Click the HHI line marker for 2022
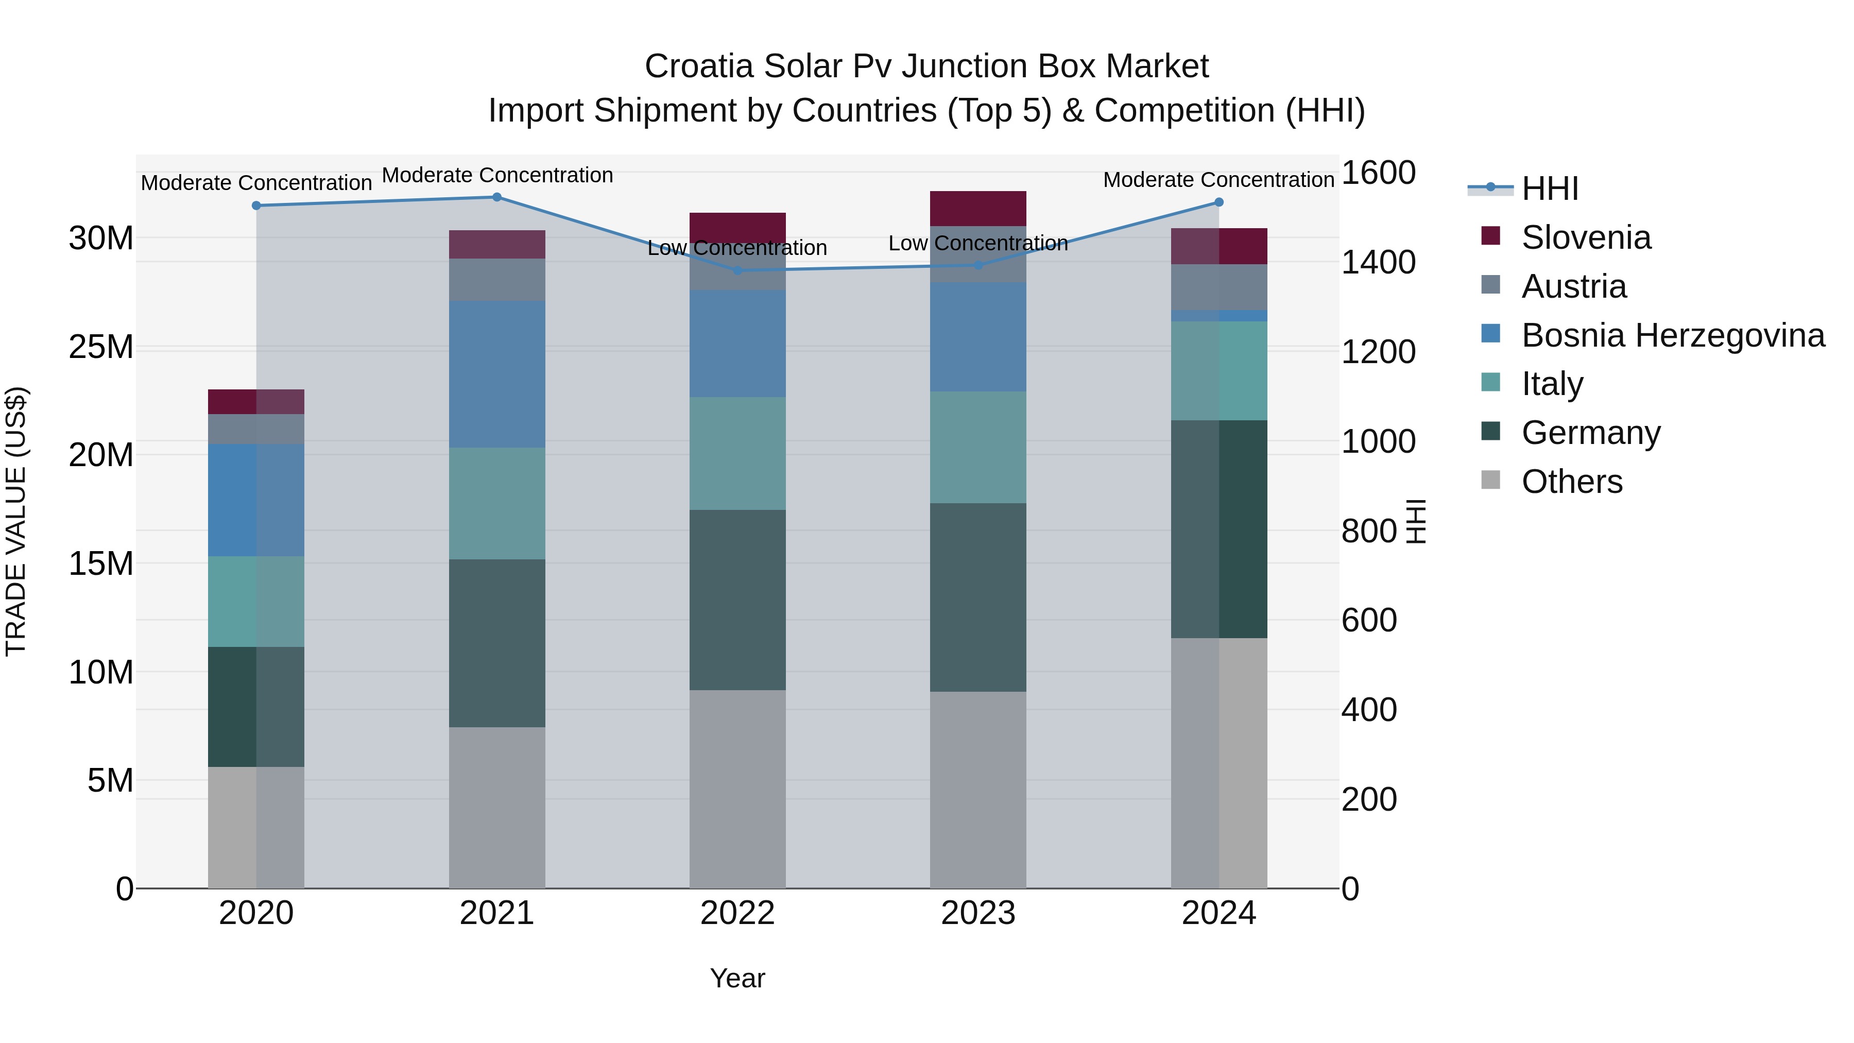tap(737, 270)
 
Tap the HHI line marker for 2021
tap(496, 197)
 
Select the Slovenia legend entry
tap(1586, 237)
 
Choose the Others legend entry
tap(1571, 482)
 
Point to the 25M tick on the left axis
tap(101, 347)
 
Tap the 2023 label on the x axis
tap(977, 913)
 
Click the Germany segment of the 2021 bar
tap(496, 643)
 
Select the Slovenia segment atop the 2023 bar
tap(977, 209)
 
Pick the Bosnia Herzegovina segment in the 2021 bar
tap(496, 374)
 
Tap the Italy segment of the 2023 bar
tap(977, 447)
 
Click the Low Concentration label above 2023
tap(977, 243)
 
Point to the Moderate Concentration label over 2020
tap(256, 183)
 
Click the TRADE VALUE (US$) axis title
tap(16, 521)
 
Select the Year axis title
tap(737, 978)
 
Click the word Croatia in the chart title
tap(698, 66)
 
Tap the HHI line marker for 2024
tap(1218, 202)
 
